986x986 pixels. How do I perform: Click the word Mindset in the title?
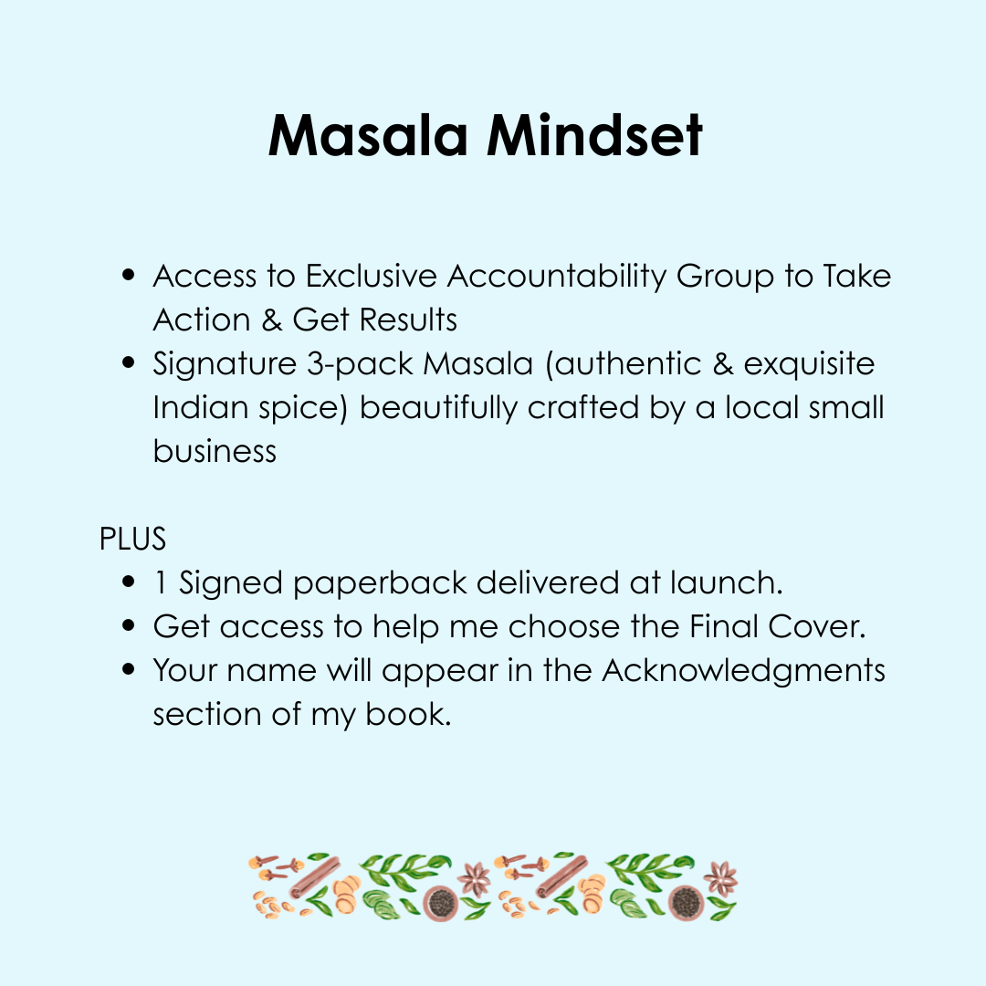pos(594,135)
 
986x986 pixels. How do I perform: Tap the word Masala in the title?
pos(368,135)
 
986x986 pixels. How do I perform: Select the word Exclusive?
pos(371,276)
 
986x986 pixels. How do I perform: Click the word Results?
pos(408,320)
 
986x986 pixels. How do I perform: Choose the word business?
pos(215,451)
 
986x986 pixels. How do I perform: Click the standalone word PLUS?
pos(132,539)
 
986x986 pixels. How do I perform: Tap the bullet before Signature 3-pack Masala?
pos(129,362)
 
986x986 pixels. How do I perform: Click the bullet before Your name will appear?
pos(129,669)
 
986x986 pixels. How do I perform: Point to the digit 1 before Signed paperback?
pos(161,582)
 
